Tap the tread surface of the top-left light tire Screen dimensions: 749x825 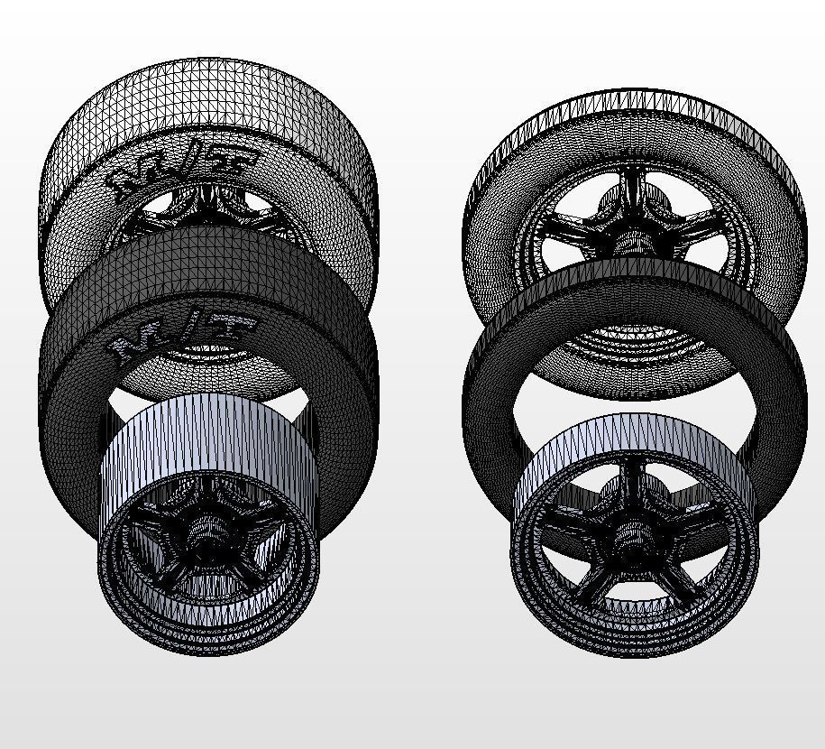(207, 99)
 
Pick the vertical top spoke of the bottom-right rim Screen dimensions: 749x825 (634, 483)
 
